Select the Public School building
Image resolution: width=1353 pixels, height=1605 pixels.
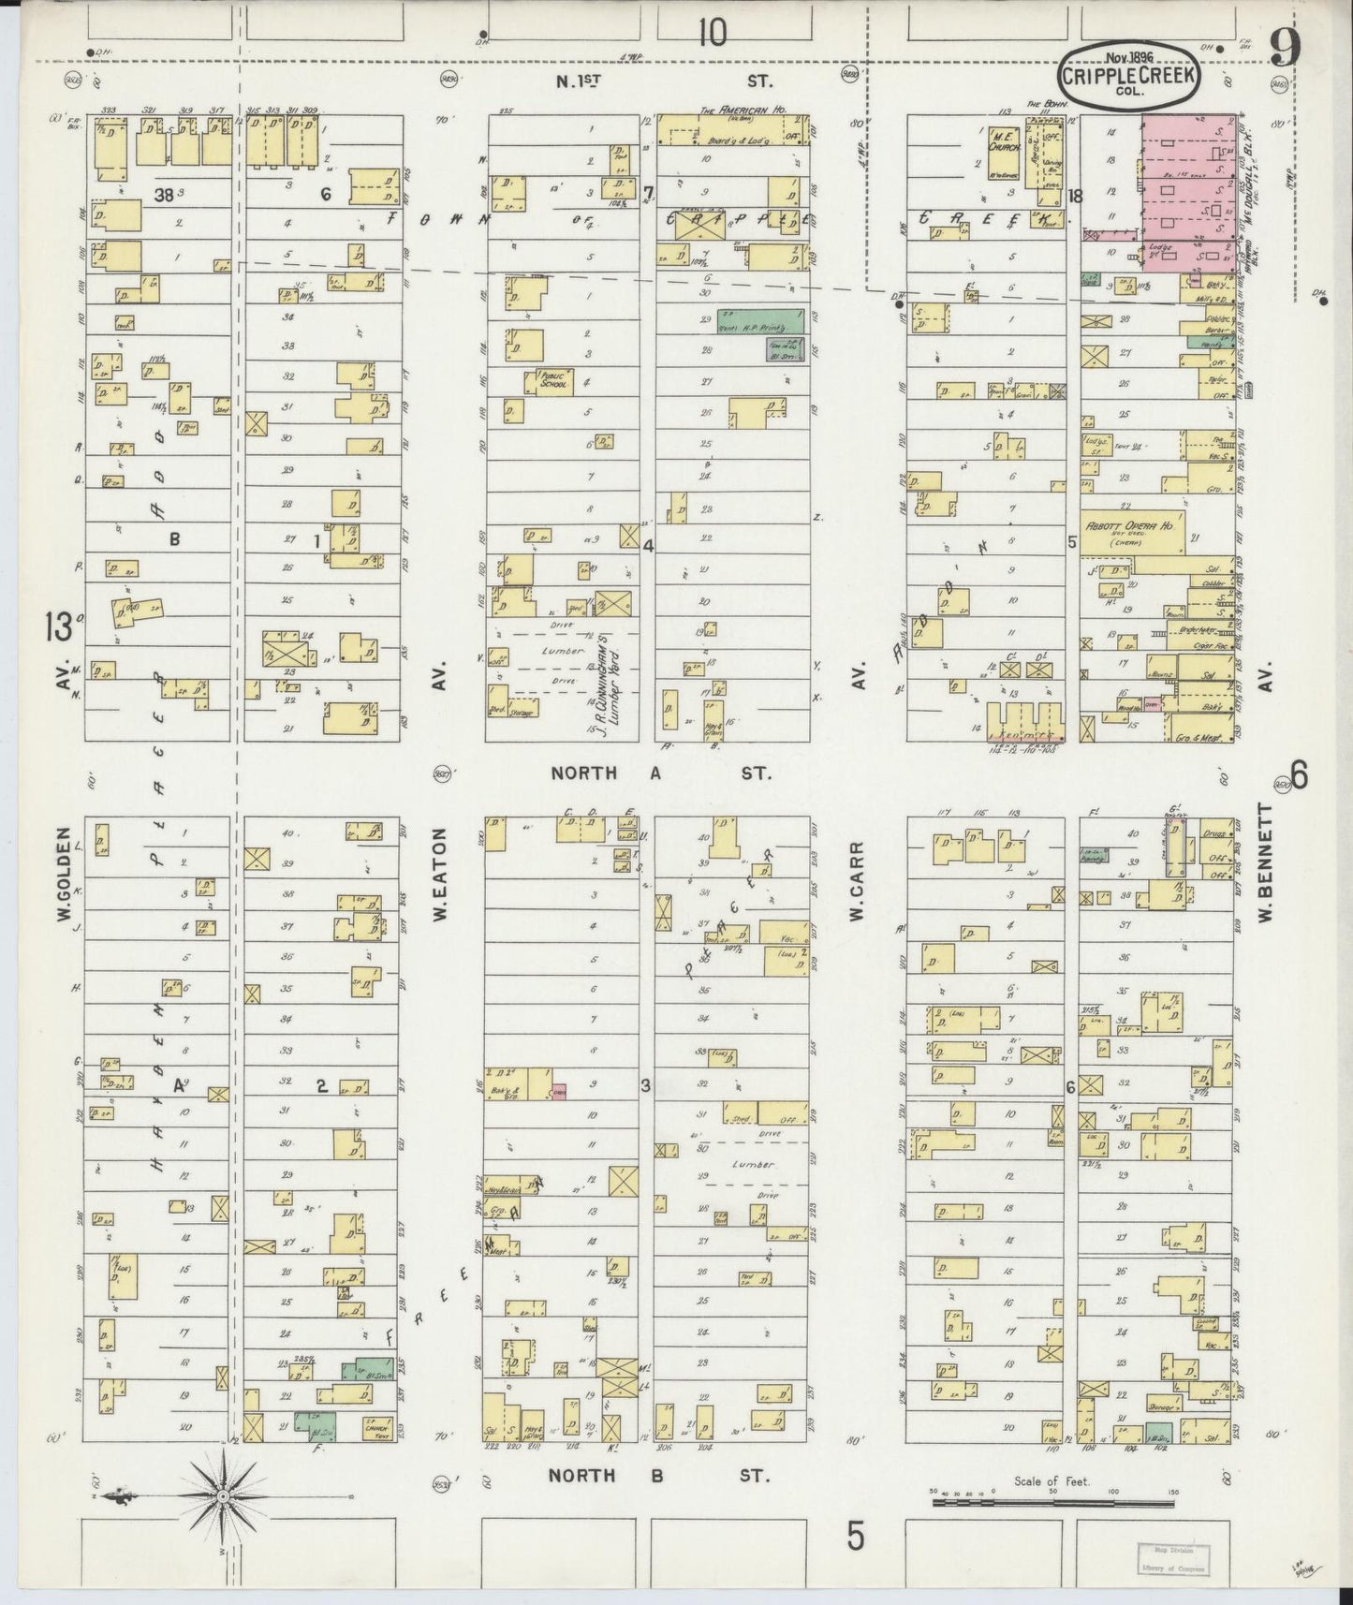point(554,381)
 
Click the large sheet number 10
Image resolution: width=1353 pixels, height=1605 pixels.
point(711,34)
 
